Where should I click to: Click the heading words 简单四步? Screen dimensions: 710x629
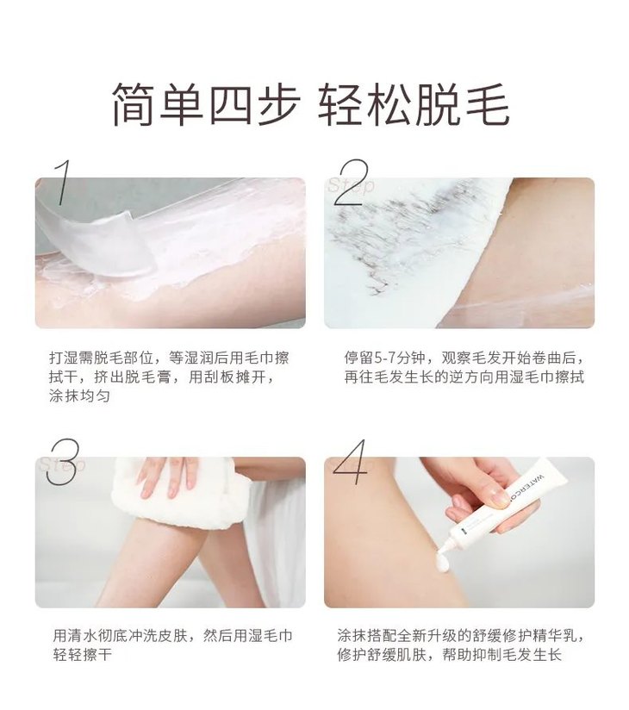click(206, 105)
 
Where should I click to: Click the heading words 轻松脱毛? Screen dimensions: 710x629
click(414, 105)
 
